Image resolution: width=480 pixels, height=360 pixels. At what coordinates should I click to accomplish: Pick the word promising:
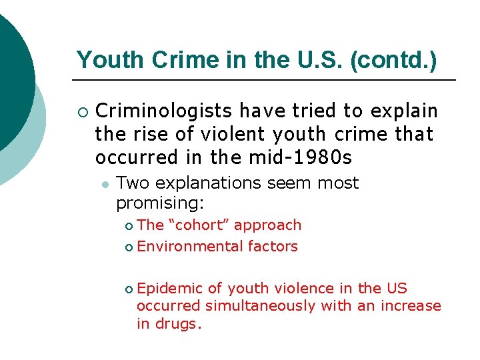click(160, 201)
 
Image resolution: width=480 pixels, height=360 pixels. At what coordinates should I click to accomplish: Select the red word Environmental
click(190, 247)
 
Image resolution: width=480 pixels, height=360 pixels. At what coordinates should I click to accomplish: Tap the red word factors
click(273, 247)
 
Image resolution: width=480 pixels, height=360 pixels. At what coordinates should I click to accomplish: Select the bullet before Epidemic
click(129, 289)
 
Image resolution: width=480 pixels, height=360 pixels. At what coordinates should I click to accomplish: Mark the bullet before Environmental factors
click(129, 247)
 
